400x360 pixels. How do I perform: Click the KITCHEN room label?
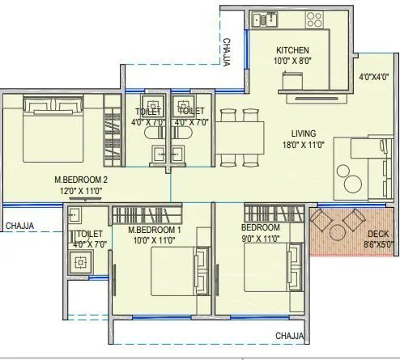(x=292, y=50)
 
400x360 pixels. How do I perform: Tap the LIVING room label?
(x=304, y=133)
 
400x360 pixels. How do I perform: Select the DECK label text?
(x=378, y=234)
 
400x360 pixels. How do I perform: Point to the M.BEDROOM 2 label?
(x=81, y=180)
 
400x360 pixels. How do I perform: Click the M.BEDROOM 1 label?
(x=155, y=230)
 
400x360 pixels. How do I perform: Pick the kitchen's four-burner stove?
(x=314, y=19)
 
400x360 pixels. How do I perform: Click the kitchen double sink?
(x=265, y=20)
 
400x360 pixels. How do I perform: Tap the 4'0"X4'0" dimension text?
(x=373, y=77)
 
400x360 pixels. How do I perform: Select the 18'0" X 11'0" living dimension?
(x=303, y=145)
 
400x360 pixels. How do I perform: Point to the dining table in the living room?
(x=240, y=138)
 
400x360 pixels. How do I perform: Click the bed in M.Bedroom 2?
(x=53, y=129)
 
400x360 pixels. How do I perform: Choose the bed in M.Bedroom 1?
(x=181, y=271)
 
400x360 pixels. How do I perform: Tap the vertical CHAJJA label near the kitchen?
(x=227, y=53)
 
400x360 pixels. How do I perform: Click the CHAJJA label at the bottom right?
(x=290, y=336)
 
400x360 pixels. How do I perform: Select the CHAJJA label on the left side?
(x=19, y=226)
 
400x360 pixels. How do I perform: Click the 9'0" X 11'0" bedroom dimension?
(x=261, y=239)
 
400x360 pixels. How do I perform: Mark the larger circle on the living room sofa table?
(x=353, y=184)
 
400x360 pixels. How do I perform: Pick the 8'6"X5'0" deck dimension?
(x=378, y=245)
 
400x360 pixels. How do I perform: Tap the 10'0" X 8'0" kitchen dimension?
(x=292, y=61)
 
